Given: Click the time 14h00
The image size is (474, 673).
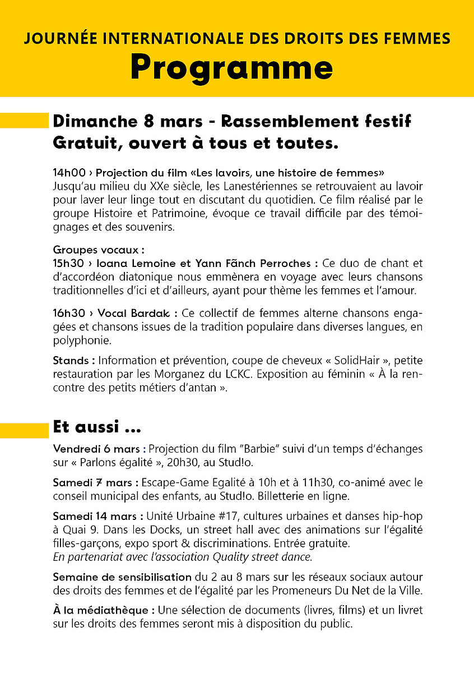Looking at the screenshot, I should pos(69,173).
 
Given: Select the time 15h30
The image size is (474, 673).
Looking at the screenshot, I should pos(69,263).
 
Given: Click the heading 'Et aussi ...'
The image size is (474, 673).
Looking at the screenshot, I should pos(96,427).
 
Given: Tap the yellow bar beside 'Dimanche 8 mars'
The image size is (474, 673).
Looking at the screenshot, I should pos(24,121).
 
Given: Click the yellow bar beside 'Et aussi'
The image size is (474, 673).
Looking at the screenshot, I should pos(24,430).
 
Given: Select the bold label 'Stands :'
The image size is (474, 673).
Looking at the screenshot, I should pos(71,361).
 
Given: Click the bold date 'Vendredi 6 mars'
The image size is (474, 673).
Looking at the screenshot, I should pos(99,449).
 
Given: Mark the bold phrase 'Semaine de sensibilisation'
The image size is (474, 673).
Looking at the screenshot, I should pos(122,577).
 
